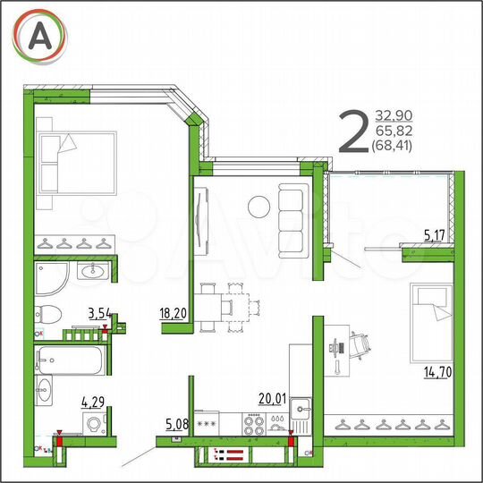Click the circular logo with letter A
[x=39, y=35]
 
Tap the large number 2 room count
[x=353, y=132]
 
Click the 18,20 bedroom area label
[x=173, y=313]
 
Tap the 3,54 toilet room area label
[x=100, y=313]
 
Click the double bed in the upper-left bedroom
[x=78, y=164]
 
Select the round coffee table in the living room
[x=259, y=206]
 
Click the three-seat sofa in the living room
[x=293, y=209]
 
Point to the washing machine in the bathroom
[x=91, y=425]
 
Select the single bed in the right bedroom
[x=432, y=318]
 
